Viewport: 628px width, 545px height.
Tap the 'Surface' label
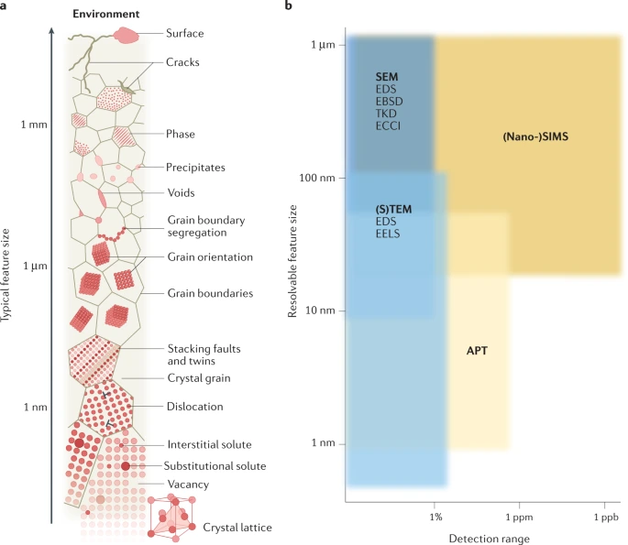tap(186, 34)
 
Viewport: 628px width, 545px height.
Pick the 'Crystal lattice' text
tap(237, 528)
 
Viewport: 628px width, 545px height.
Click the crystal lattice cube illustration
tap(171, 518)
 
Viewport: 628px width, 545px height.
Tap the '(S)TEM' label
tap(393, 209)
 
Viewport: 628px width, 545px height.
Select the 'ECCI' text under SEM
tap(388, 125)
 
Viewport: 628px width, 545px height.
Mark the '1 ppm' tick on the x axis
tap(519, 518)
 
